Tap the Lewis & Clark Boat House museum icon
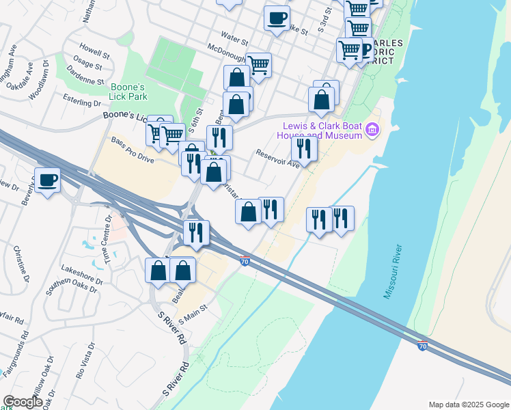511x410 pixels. [x=372, y=128]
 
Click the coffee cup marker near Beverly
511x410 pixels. [x=48, y=180]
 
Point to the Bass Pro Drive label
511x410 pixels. [x=133, y=150]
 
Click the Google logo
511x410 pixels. [x=23, y=402]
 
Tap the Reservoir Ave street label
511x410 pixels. [x=278, y=159]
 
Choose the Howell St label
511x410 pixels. [x=94, y=51]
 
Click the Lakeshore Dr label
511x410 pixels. [x=81, y=275]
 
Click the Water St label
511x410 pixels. [x=234, y=33]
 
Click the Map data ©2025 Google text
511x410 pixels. [x=468, y=405]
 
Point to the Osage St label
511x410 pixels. [x=88, y=66]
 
